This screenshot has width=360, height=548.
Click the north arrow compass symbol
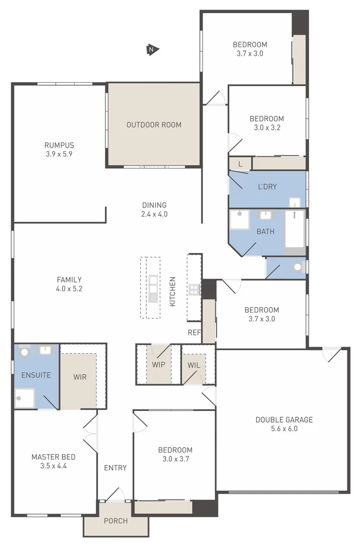coord(153,49)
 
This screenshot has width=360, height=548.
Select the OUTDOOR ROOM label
coord(154,125)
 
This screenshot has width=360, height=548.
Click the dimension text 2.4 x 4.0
coord(154,214)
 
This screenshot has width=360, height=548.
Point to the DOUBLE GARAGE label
coord(284,420)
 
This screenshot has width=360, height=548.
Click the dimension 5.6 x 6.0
coord(284,429)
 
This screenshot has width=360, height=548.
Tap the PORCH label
coord(116,521)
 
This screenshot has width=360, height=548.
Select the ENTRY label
coord(115,468)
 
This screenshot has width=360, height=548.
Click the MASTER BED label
coord(53,457)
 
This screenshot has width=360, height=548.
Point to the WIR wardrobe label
coord(80,377)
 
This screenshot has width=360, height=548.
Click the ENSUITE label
coord(36,375)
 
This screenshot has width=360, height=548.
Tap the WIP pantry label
coord(159,365)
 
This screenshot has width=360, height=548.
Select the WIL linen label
coord(194,365)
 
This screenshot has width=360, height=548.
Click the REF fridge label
coord(194,333)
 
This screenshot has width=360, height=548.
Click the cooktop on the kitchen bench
coord(194,290)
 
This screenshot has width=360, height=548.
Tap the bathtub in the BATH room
coord(294,229)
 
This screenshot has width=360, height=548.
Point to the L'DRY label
coord(267,187)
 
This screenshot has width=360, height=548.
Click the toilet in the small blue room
coord(298,267)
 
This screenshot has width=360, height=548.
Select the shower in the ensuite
coord(24,398)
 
